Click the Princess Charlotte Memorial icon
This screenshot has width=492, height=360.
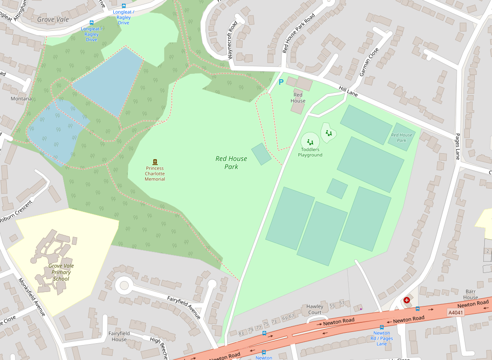coord(155,162)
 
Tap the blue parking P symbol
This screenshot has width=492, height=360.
coord(281,82)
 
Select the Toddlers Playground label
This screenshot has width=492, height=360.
coord(310,152)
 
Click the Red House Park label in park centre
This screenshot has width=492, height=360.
coord(231,162)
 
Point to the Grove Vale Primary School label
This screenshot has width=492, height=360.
coord(61,272)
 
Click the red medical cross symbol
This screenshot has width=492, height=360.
coord(406,300)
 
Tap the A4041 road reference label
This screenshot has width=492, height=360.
coord(456,312)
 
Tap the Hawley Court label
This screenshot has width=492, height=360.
coord(315,309)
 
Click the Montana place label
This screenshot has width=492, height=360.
coord(21,98)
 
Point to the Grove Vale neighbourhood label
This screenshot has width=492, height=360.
coord(53,19)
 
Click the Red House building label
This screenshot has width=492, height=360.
coord(298,97)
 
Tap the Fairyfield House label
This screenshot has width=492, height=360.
coord(119,336)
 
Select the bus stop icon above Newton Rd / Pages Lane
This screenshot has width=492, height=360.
coord(382,326)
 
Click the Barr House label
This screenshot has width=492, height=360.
coord(471,294)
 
